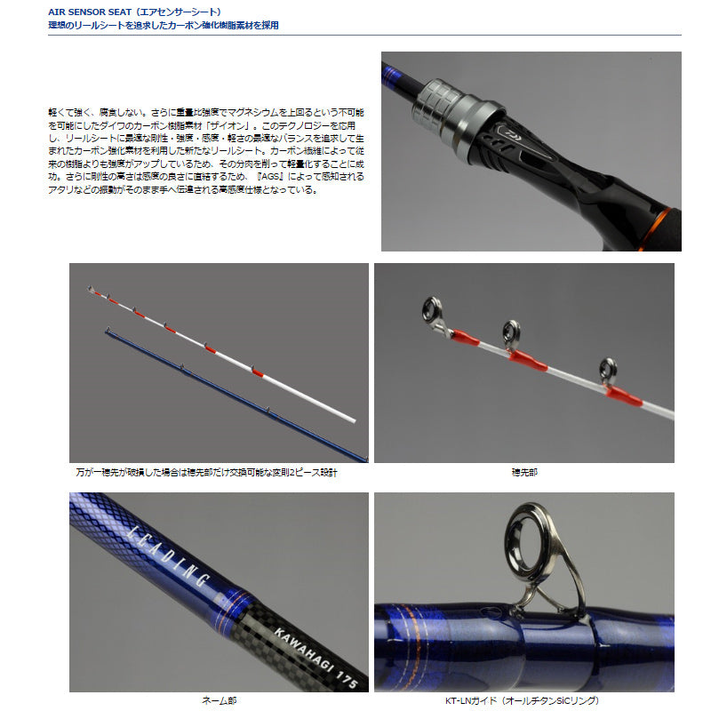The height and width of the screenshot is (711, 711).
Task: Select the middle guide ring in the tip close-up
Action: [x=511, y=333]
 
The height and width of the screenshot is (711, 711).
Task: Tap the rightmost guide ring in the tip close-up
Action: [x=608, y=368]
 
